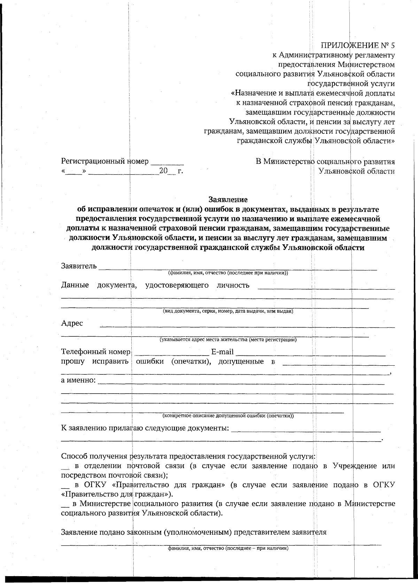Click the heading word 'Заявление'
[x=228, y=200]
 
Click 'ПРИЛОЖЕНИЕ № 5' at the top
[x=357, y=45]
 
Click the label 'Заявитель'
[x=79, y=266]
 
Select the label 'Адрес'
[x=72, y=323]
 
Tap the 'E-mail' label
[x=222, y=352]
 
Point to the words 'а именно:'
[x=78, y=380]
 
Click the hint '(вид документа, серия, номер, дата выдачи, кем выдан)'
[x=228, y=311]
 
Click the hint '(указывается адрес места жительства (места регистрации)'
[x=228, y=339]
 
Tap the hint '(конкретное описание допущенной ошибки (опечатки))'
[x=228, y=415]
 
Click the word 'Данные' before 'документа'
[x=75, y=285]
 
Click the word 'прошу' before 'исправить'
[x=72, y=361]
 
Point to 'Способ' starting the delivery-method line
[x=74, y=456]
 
